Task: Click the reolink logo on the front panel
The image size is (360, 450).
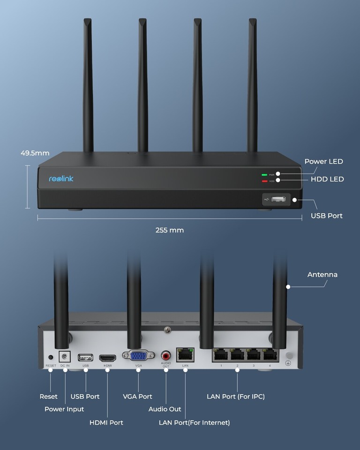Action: (61, 179)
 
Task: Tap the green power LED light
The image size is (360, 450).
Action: (264, 174)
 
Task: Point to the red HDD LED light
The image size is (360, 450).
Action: (264, 181)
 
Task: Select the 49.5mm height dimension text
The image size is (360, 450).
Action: (35, 153)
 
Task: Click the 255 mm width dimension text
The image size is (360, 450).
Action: (170, 230)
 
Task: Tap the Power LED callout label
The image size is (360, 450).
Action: (323, 162)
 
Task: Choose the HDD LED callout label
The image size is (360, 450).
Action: (327, 179)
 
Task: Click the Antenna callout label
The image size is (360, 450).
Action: (322, 275)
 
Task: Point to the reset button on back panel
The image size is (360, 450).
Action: (51, 357)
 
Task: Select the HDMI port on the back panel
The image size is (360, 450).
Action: (108, 357)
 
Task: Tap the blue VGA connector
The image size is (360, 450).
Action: (138, 355)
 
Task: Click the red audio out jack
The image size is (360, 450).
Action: (166, 355)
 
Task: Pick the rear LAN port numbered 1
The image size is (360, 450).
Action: (221, 355)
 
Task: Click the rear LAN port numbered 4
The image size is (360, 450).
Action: (270, 355)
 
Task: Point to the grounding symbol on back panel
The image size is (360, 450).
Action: (289, 363)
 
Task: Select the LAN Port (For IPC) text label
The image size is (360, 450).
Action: (235, 397)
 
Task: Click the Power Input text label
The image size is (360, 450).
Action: (64, 409)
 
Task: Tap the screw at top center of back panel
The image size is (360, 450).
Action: (167, 331)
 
